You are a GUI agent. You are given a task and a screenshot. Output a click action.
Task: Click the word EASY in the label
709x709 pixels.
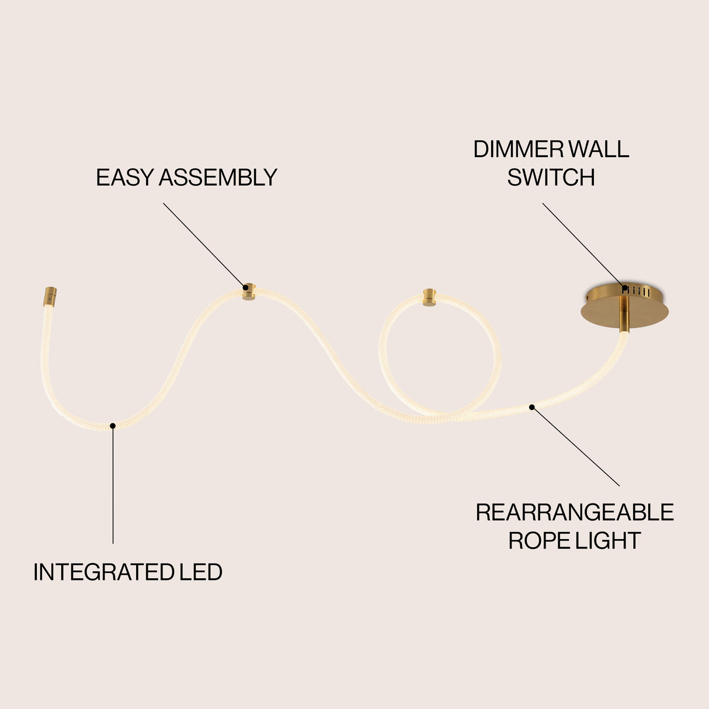(x=124, y=178)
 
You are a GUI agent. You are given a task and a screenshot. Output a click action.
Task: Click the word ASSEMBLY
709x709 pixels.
(x=218, y=178)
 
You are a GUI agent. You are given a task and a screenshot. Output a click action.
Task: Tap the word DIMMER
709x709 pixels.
(x=519, y=149)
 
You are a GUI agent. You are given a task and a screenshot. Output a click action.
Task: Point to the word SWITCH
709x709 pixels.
(x=551, y=178)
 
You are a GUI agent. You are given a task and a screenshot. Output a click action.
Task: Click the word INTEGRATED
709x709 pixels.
(x=104, y=572)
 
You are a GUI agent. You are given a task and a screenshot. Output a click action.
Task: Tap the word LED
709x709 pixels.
(x=201, y=572)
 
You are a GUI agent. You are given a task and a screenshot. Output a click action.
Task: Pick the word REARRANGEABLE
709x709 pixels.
(x=575, y=512)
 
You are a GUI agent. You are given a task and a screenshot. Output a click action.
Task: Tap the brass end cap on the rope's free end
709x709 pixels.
(x=50, y=297)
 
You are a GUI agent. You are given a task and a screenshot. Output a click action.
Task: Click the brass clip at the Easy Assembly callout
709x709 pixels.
(x=249, y=292)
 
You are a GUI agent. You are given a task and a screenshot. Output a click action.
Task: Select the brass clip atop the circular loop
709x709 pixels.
(x=429, y=298)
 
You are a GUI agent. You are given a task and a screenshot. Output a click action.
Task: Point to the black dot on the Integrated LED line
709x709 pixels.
(x=113, y=426)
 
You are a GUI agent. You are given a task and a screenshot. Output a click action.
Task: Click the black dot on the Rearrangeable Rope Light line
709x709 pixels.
(x=531, y=407)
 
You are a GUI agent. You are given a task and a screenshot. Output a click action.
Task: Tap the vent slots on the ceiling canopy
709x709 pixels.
(x=636, y=292)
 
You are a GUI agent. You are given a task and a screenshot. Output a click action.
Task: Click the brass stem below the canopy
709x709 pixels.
(x=624, y=315)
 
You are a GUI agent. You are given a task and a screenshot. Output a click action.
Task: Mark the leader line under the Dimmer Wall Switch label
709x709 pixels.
(x=583, y=245)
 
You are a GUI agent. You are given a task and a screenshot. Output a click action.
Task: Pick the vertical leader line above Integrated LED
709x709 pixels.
(x=113, y=485)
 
